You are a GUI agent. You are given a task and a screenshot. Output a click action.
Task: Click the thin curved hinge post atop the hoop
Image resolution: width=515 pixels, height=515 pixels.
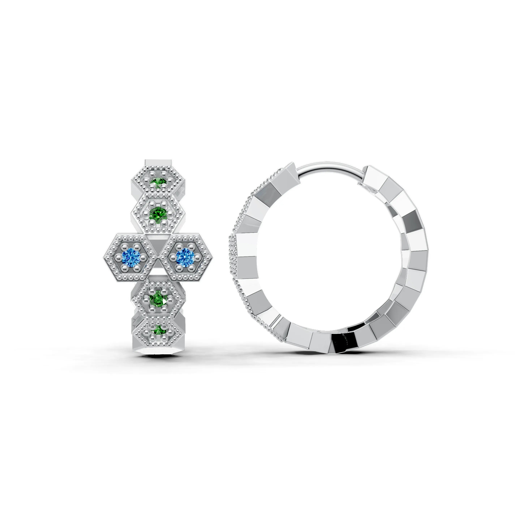coord(331,168)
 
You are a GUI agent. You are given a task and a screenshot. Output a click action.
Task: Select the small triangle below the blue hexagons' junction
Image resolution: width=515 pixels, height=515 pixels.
coord(158,267)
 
